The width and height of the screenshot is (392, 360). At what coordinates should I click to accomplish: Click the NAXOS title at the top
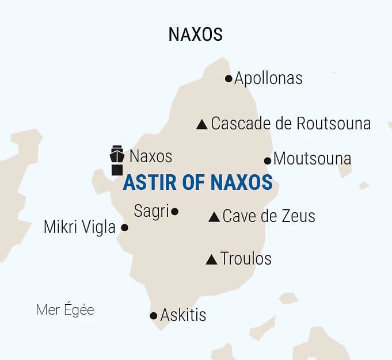[x=195, y=35]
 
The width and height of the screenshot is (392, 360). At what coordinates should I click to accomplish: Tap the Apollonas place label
[x=268, y=78]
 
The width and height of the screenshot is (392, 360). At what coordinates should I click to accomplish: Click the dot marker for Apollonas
[x=229, y=79]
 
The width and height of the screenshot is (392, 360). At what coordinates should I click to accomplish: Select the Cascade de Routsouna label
[x=291, y=124]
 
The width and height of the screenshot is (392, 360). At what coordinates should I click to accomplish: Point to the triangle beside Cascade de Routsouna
[x=201, y=124]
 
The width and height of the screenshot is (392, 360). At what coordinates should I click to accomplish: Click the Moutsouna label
[x=312, y=159]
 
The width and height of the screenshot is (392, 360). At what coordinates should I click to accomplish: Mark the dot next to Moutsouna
[x=268, y=160]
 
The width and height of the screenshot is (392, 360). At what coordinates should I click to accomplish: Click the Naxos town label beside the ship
[x=151, y=156]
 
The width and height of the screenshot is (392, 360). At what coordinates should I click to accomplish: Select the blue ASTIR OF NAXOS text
[x=197, y=182]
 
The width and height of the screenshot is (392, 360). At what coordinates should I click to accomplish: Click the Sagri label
[x=151, y=211]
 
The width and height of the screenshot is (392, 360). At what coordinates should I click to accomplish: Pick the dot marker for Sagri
[x=175, y=212]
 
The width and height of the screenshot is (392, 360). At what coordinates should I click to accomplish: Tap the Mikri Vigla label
[x=79, y=227]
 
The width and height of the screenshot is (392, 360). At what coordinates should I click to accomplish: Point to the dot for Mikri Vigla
[x=124, y=228]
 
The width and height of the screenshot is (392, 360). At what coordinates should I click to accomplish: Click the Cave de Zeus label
[x=269, y=216]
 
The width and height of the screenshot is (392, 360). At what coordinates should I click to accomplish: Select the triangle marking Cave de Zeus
[x=214, y=217]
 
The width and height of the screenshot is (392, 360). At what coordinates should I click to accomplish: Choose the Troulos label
[x=246, y=259]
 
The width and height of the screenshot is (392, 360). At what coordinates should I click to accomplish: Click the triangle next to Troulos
[x=211, y=260]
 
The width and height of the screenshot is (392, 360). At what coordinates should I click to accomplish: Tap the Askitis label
[x=183, y=315]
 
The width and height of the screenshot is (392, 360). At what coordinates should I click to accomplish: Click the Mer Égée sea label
[x=64, y=310]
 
